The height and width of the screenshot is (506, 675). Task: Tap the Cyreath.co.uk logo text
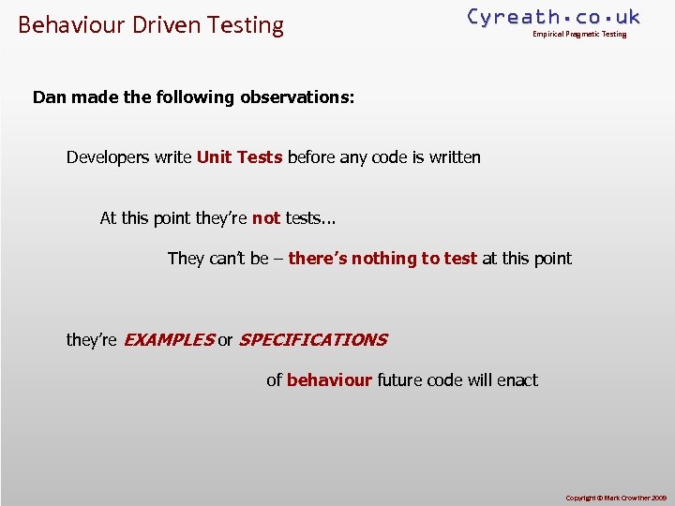point(553,16)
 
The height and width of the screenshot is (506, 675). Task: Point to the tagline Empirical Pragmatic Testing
point(579,35)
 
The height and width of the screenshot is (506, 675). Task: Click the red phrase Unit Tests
point(239,157)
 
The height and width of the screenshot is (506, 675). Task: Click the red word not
point(266,218)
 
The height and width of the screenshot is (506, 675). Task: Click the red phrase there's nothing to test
point(382,259)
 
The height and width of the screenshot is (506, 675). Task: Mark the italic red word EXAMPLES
point(168,340)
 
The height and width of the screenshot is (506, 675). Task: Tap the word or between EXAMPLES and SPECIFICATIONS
point(225,340)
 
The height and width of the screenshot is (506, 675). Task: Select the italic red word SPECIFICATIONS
point(312,340)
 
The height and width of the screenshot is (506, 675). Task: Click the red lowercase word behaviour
point(329,380)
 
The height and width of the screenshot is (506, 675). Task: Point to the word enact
point(517,380)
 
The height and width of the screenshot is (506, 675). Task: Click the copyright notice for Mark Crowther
point(615,498)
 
